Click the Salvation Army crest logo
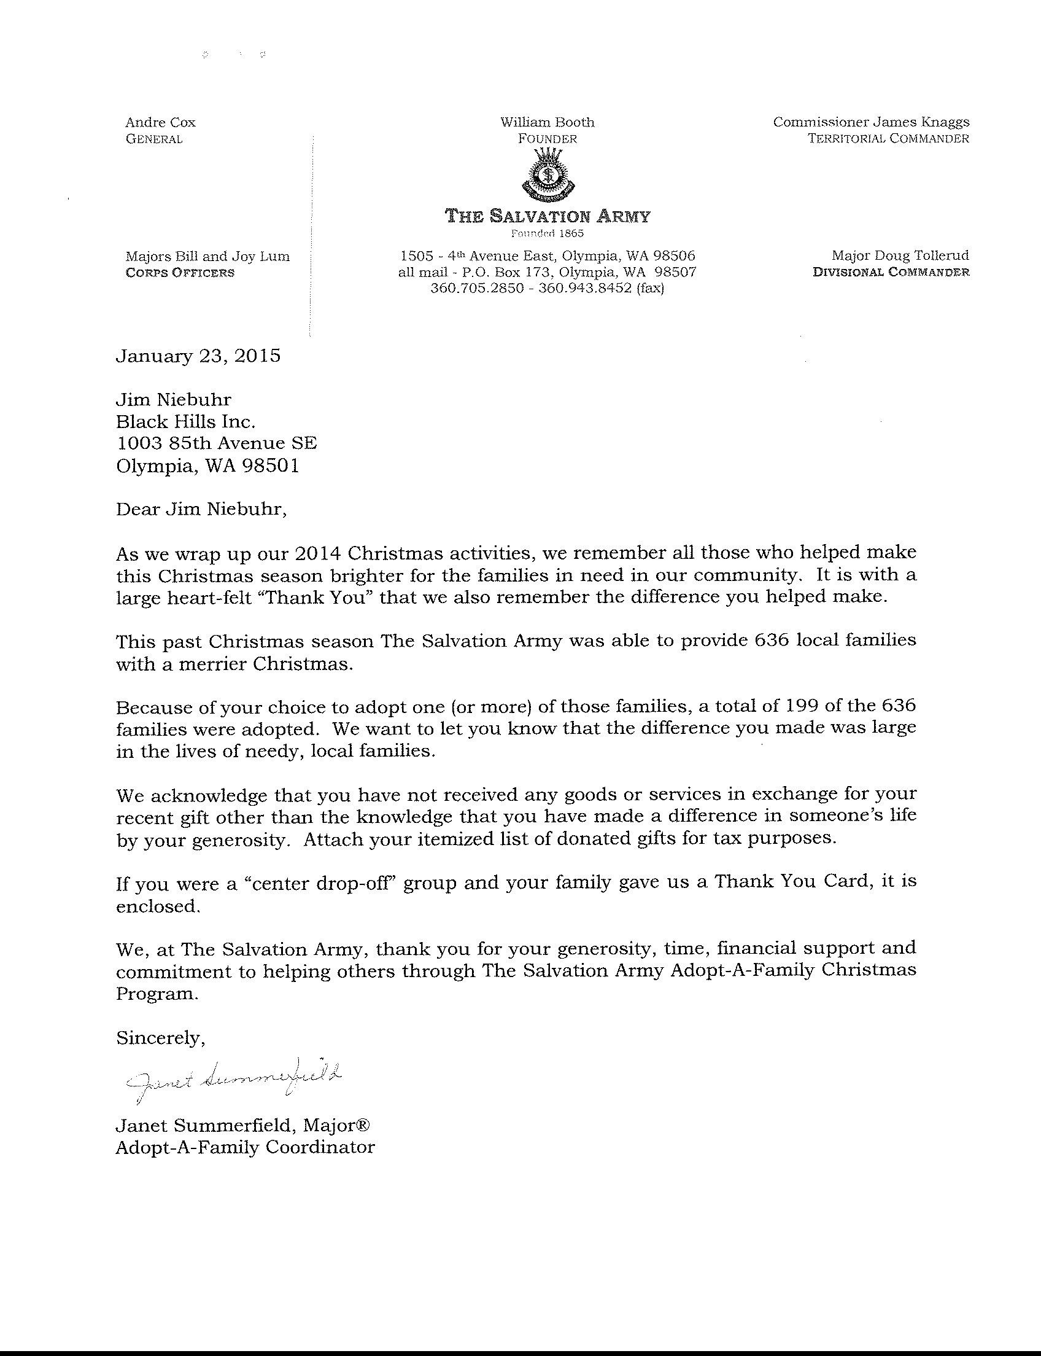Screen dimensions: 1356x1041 click(547, 176)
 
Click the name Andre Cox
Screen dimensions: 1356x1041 click(160, 123)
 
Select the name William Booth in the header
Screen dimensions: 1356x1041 click(547, 122)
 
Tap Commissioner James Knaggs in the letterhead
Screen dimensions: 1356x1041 click(870, 122)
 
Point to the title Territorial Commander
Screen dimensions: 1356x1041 click(888, 138)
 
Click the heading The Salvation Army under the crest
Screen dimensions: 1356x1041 click(548, 216)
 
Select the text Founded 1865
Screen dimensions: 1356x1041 click(547, 234)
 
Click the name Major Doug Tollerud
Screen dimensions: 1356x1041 click(900, 255)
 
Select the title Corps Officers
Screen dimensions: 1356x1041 click(180, 273)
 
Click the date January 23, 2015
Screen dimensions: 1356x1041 click(198, 356)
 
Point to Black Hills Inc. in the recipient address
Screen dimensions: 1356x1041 click(186, 423)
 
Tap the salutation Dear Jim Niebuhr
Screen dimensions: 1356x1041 click(201, 510)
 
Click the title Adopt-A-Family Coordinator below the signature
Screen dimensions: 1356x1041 click(246, 1148)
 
